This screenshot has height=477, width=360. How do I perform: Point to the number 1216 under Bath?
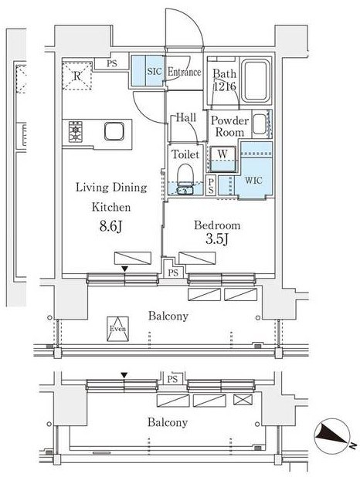[224, 86]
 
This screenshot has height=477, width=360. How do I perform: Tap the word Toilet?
[186, 154]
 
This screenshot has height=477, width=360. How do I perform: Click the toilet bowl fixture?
[185, 176]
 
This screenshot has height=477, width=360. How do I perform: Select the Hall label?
[185, 118]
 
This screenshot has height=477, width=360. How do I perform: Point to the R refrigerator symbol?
[78, 75]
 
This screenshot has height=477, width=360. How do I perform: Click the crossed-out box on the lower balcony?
[242, 400]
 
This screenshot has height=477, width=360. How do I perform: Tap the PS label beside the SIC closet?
[113, 64]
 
